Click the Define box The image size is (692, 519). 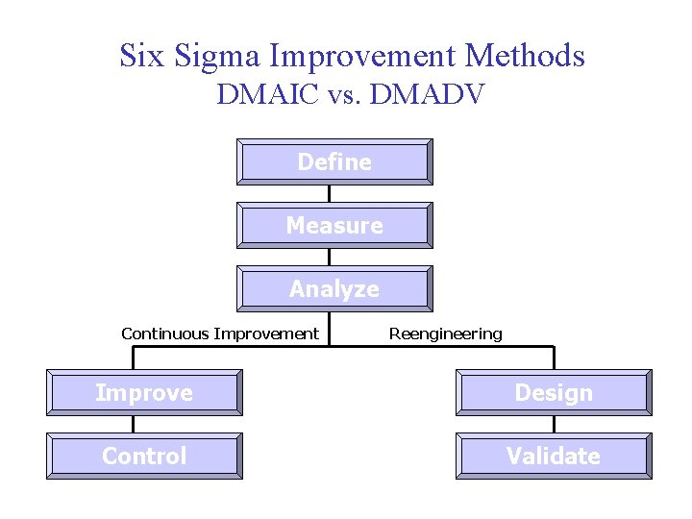[334, 161]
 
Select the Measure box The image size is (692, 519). [334, 225]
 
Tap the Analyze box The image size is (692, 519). [334, 288]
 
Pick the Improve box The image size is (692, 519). [144, 393]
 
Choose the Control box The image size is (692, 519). [144, 456]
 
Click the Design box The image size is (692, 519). [555, 393]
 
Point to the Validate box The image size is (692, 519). [555, 456]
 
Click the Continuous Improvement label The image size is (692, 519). [219, 334]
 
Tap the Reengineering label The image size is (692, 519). [445, 334]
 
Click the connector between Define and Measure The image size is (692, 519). [330, 193]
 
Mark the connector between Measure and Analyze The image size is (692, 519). [330, 257]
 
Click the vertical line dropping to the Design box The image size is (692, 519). [555, 358]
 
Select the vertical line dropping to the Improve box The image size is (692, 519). [133, 358]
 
